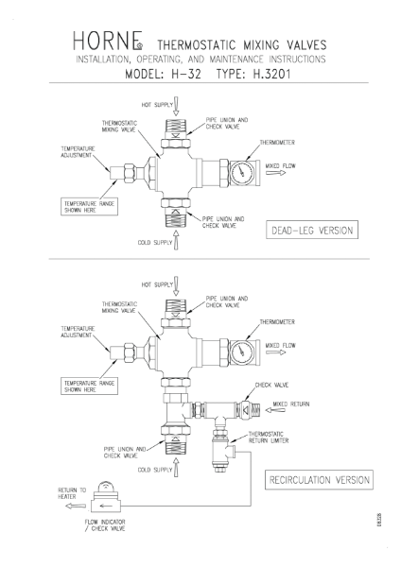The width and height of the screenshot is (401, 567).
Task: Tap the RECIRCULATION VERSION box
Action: pyautogui.click(x=317, y=480)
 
